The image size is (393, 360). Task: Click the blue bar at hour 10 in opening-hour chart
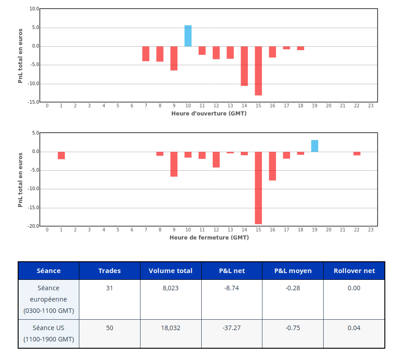pyautogui.click(x=188, y=36)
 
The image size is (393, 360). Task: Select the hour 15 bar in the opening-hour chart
pyautogui.click(x=258, y=71)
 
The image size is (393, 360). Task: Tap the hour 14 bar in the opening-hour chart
pyautogui.click(x=244, y=66)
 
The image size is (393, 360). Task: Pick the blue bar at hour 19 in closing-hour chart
pyautogui.click(x=315, y=146)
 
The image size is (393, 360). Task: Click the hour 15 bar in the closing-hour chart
pyautogui.click(x=258, y=188)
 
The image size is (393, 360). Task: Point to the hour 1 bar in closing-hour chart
pyautogui.click(x=61, y=155)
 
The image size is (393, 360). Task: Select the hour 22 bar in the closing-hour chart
pyautogui.click(x=357, y=154)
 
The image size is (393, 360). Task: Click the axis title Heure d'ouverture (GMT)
pyautogui.click(x=209, y=113)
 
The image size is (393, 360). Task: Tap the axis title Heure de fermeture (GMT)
pyautogui.click(x=209, y=237)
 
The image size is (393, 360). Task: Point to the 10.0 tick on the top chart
pyautogui.click(x=34, y=9)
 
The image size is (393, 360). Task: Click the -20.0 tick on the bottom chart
pyautogui.click(x=33, y=226)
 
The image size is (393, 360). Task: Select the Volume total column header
pyautogui.click(x=170, y=271)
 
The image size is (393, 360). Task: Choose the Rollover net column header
pyautogui.click(x=354, y=271)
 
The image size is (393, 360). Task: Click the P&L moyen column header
pyautogui.click(x=293, y=271)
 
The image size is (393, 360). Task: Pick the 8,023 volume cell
pyautogui.click(x=170, y=288)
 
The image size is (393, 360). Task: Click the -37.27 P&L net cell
pyautogui.click(x=232, y=328)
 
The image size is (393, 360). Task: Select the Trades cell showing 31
pyautogui.click(x=109, y=288)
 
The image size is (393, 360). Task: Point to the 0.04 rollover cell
pyautogui.click(x=354, y=328)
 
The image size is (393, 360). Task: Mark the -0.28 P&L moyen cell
pyautogui.click(x=293, y=288)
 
